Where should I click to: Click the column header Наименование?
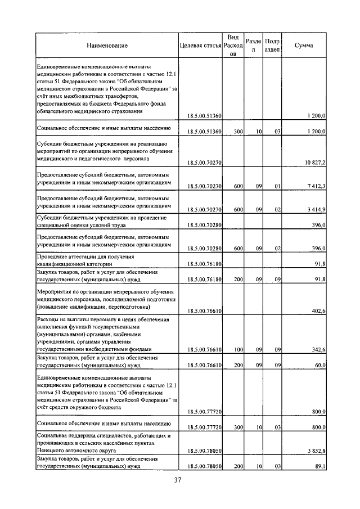pos(107,45)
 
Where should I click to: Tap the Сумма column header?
pos(304,45)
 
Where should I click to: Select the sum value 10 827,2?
pos(316,163)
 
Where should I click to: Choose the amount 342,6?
pos(319,349)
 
